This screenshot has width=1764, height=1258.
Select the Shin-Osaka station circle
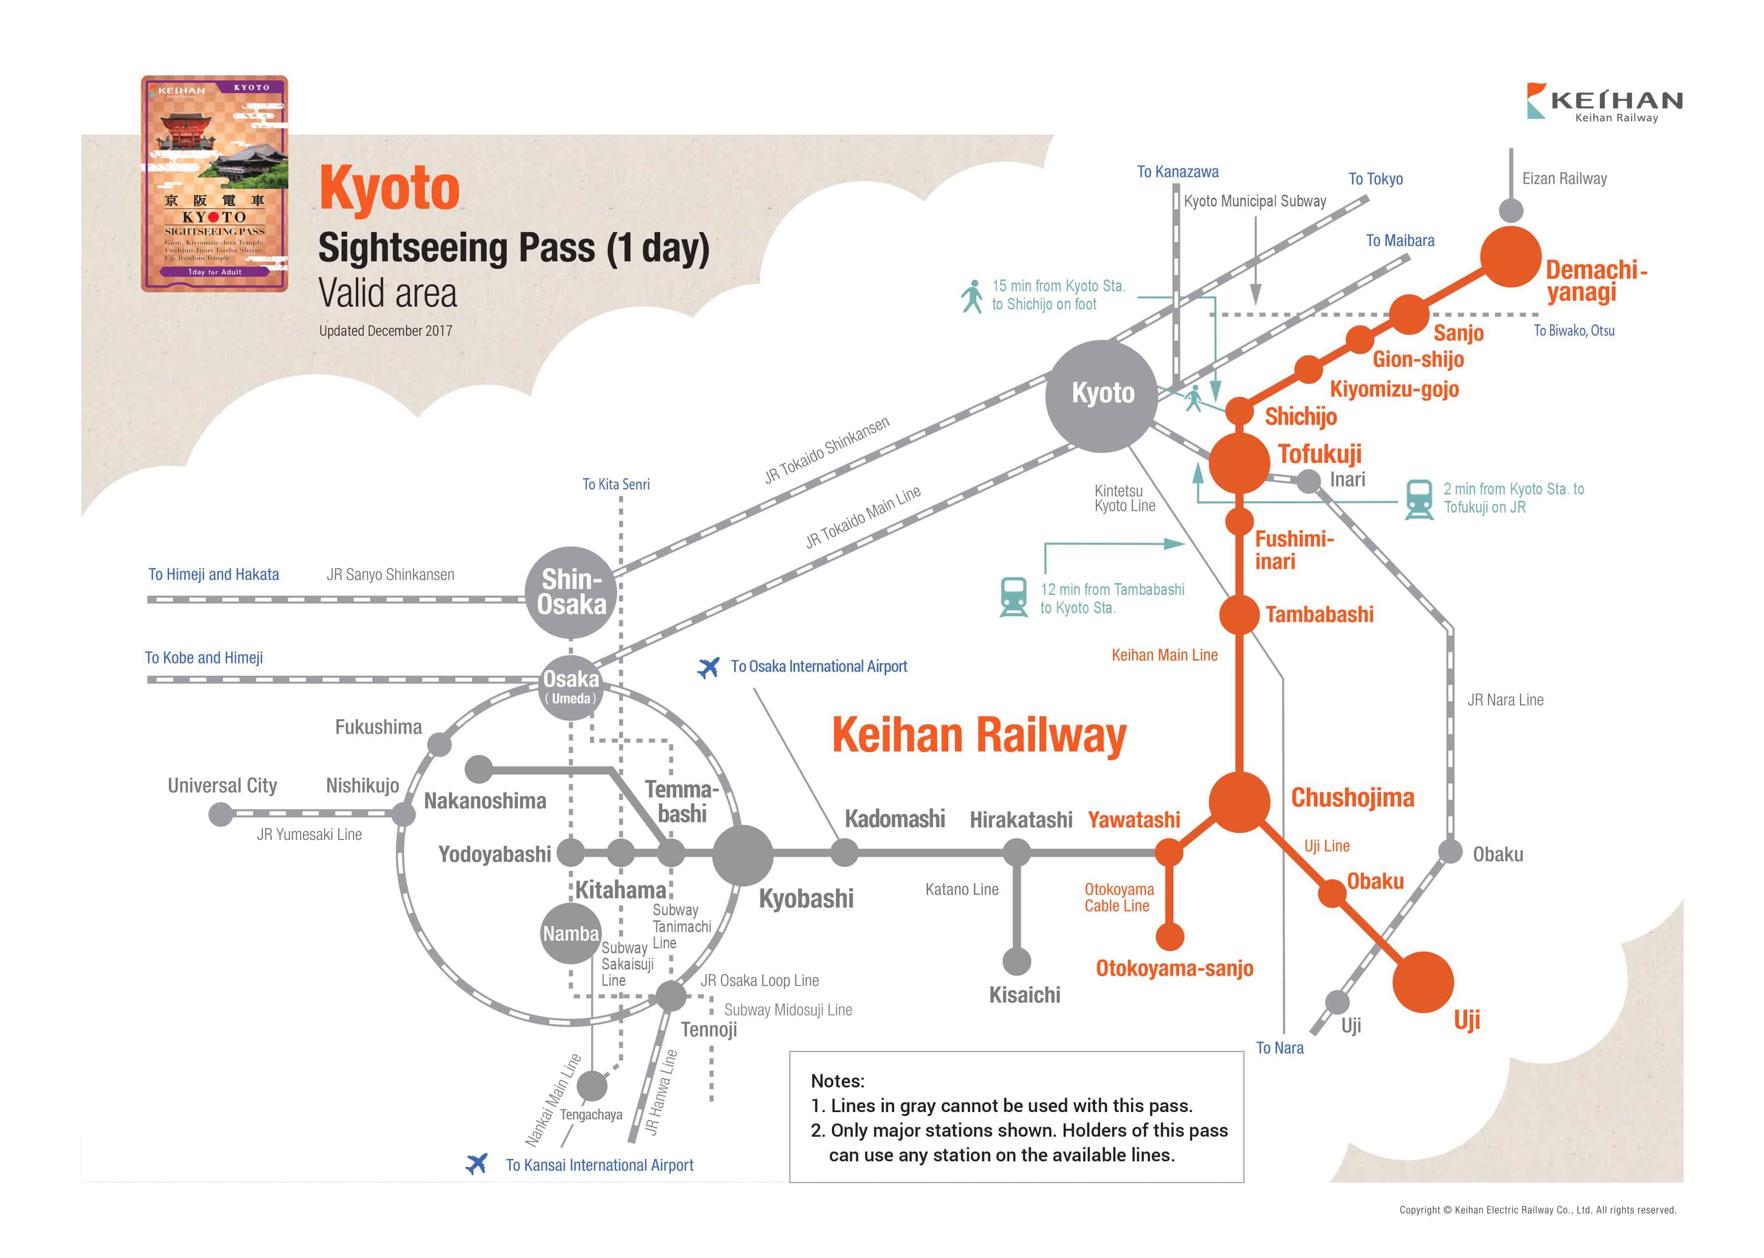pyautogui.click(x=571, y=592)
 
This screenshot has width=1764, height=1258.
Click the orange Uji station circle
pyautogui.click(x=1422, y=981)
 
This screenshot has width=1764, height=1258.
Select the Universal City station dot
pyautogui.click(x=221, y=814)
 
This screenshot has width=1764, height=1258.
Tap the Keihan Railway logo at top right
pyautogui.click(x=1604, y=102)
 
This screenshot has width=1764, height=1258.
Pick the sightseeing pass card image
pyautogui.click(x=214, y=183)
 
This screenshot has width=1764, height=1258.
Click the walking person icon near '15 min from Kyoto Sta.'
pyautogui.click(x=971, y=296)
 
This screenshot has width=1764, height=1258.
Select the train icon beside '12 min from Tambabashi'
pyautogui.click(x=1013, y=597)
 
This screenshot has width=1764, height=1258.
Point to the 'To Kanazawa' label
pyautogui.click(x=1177, y=172)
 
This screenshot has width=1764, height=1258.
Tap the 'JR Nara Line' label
pyautogui.click(x=1505, y=700)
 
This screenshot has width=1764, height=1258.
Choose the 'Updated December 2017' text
pyautogui.click(x=385, y=331)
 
